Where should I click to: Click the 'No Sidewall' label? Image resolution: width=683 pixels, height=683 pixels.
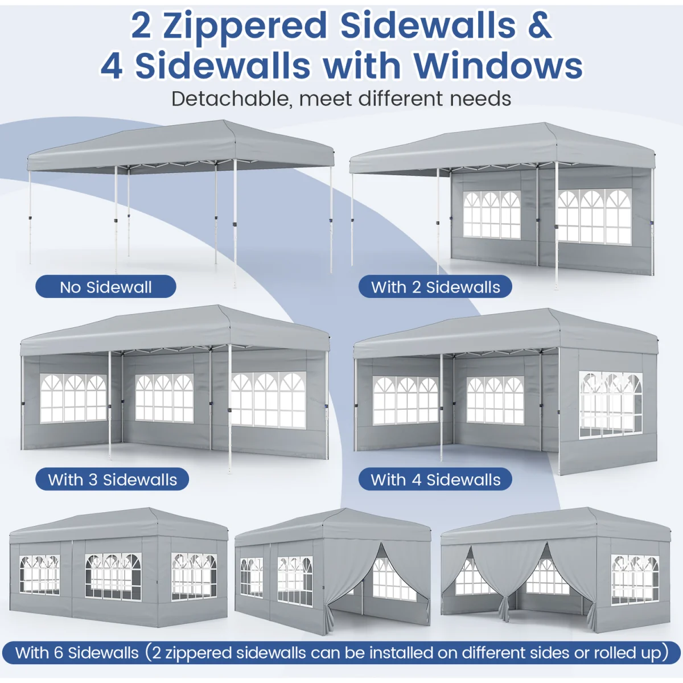coord(106,287)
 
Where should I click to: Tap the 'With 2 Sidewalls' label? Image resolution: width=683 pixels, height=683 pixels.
coord(435,287)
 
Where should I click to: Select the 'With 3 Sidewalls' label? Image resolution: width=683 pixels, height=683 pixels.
coord(112,479)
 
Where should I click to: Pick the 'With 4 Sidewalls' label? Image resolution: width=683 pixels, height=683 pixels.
coord(435,479)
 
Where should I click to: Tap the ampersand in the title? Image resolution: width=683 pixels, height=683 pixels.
coord(539,26)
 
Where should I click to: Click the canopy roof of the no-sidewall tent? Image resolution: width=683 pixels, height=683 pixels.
coord(181,145)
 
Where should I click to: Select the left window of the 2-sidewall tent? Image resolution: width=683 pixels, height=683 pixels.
coord(492,215)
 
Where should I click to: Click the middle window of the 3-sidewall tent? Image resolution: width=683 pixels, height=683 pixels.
coord(164,398)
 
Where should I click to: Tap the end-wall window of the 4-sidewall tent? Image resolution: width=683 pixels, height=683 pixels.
coord(610,404)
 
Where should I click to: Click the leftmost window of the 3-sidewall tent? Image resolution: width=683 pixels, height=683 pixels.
coord(73,398)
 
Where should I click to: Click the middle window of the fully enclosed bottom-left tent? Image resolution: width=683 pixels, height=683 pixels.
coord(113,577)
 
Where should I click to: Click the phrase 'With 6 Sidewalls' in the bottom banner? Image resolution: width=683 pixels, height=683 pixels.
coord(77,653)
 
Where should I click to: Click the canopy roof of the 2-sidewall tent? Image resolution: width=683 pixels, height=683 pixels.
coord(502,148)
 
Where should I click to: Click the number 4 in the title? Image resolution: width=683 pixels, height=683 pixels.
coord(112,66)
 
